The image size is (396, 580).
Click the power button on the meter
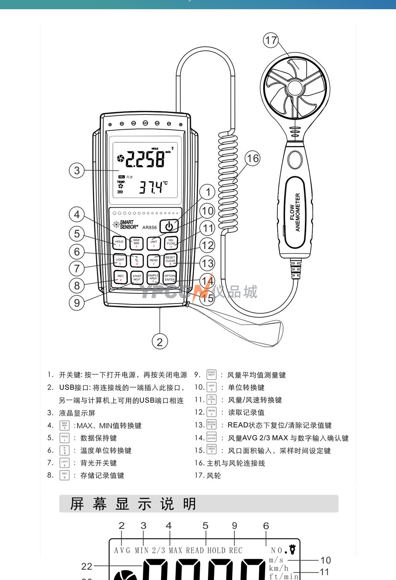coord(169,226)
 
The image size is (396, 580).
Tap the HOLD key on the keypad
coord(119,243)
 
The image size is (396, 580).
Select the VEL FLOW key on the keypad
coord(171,243)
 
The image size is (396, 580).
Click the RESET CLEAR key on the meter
coord(170,260)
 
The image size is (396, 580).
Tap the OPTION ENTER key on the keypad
coord(170,278)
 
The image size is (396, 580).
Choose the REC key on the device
coord(120,277)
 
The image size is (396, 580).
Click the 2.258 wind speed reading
coord(145,159)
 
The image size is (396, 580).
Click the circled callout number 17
coord(271,40)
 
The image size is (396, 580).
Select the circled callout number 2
coord(160,342)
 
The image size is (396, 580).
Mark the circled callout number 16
coord(252,158)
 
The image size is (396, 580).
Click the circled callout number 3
coord(77,170)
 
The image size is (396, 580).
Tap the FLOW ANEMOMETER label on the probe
coord(295,212)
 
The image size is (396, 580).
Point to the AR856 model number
coord(150,227)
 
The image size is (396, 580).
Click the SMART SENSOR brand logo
coord(126,224)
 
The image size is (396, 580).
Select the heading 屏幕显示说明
coord(133,504)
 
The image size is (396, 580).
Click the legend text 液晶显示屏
coord(77,413)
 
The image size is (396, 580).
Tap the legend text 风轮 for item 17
coord(214,476)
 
